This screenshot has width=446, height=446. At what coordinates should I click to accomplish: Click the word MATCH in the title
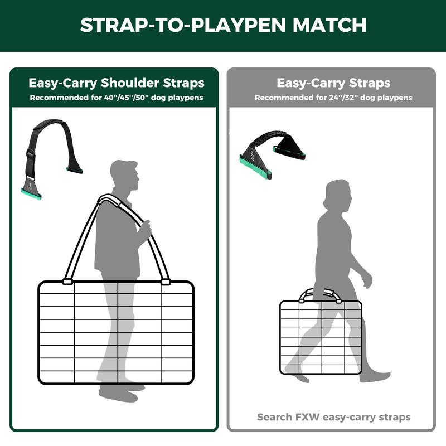[329, 25]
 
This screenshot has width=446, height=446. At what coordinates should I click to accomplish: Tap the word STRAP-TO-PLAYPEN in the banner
[183, 25]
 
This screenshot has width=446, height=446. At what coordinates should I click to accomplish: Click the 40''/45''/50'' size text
[126, 98]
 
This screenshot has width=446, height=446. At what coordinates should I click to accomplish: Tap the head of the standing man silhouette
[124, 175]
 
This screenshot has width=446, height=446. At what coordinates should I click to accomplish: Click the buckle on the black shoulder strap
[31, 154]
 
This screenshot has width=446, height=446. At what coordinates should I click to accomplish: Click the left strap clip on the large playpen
[67, 282]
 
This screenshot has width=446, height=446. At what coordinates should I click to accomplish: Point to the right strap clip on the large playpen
[166, 282]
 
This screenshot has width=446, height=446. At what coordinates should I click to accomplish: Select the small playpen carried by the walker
[321, 337]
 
